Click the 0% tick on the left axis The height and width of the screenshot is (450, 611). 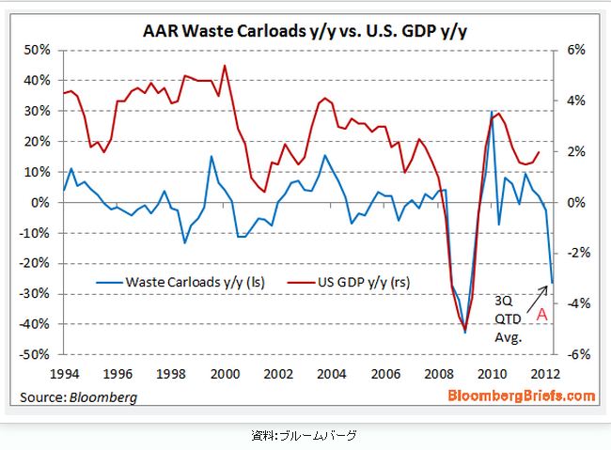39,202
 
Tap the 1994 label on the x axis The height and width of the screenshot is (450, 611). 64,373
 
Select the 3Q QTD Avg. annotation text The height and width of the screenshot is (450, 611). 509,320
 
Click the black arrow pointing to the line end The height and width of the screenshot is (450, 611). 538,298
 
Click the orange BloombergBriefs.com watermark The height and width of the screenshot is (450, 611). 521,397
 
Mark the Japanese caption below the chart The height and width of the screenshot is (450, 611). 305,435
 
